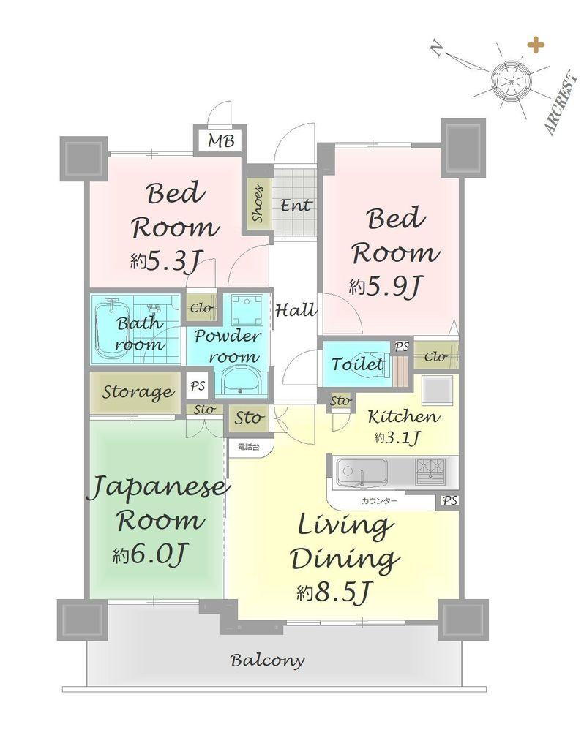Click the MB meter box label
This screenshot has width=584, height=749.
point(221,141)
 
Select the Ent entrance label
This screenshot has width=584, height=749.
point(296,206)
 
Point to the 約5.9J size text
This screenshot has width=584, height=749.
point(386,287)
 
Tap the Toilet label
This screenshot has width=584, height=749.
point(357,364)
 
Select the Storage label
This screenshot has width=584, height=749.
point(138,392)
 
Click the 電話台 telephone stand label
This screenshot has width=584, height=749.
point(249,448)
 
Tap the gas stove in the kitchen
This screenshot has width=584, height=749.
point(430,470)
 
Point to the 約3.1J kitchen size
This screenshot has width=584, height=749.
point(397,437)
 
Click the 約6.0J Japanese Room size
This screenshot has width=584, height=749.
point(149,554)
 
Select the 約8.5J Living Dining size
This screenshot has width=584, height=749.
point(333,592)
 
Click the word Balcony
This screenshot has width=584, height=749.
point(267,660)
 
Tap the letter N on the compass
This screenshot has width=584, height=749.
point(435,48)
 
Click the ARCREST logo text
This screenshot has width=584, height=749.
point(558,102)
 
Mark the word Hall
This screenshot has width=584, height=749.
point(296,310)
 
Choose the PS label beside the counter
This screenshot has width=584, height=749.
point(449,500)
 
